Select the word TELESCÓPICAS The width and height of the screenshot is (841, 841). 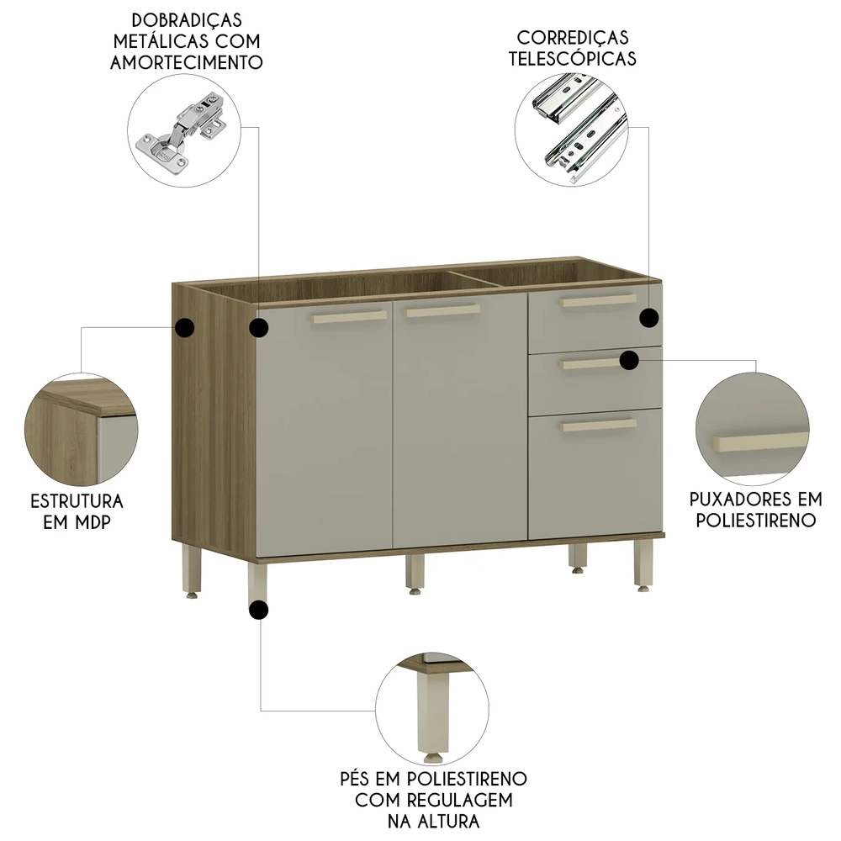pos(576,59)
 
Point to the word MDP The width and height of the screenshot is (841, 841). pos(93,522)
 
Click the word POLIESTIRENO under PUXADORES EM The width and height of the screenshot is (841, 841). pos(755,520)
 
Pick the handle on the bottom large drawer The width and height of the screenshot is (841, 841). pos(599,426)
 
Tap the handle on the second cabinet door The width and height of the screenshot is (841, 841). pos(442,311)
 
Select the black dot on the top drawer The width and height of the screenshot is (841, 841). pos(648,317)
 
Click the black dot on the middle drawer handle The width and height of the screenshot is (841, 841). pos(629,360)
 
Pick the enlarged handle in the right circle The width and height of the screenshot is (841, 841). pos(751,444)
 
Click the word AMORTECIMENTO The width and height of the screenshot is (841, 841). pos(186,62)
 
